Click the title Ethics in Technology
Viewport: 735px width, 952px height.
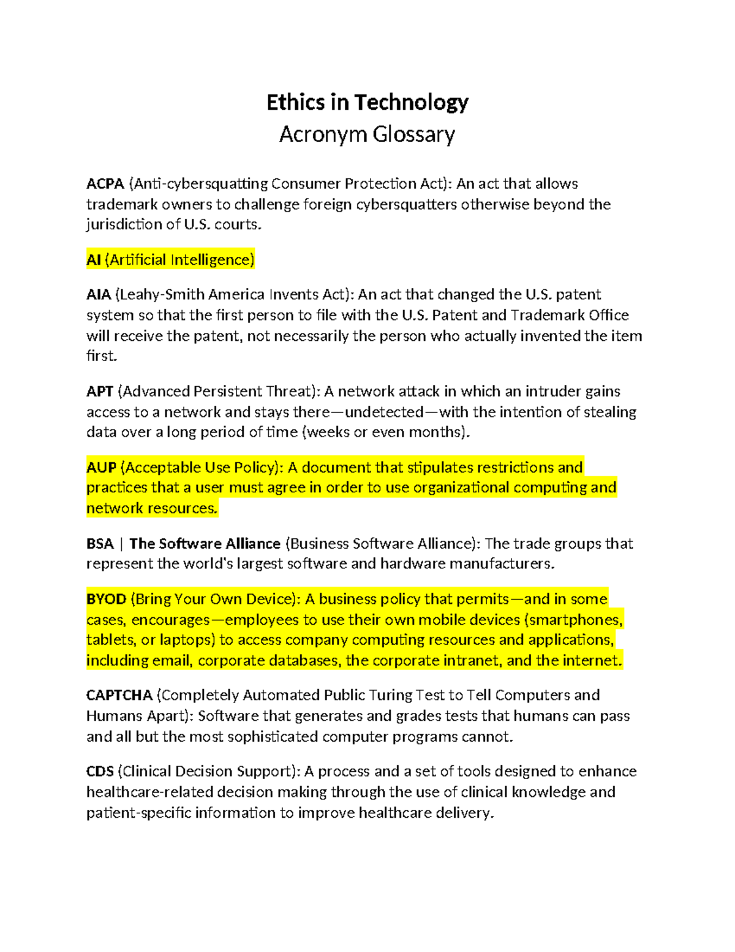click(x=367, y=102)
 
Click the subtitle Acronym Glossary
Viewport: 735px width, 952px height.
click(x=367, y=134)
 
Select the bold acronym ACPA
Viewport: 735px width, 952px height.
click(x=105, y=184)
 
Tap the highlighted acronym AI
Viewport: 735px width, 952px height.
click(x=93, y=260)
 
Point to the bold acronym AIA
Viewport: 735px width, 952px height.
click(x=99, y=295)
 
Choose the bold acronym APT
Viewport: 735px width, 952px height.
click(x=100, y=392)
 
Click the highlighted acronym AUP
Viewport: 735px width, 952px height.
click(x=101, y=468)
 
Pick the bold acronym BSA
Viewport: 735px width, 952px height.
click(x=100, y=544)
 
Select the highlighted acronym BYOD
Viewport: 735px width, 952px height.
click(x=106, y=599)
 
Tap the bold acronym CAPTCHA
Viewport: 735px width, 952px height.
click(x=119, y=695)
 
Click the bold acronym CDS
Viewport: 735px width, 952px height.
click(x=100, y=771)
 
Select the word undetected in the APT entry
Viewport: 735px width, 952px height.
click(x=384, y=412)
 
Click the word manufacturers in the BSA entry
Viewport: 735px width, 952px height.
click(x=501, y=564)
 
